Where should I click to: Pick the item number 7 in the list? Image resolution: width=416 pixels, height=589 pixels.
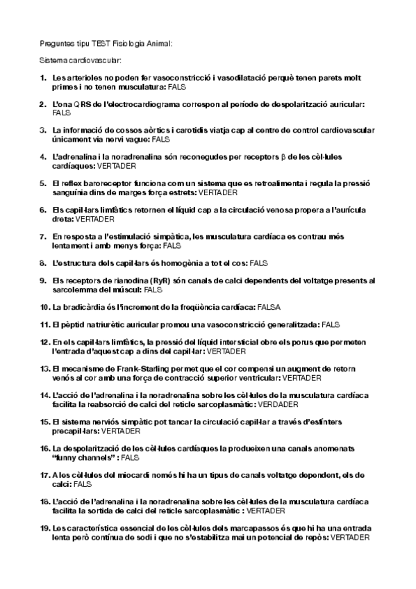coord(43,236)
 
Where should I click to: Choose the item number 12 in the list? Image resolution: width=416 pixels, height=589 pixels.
coord(44,342)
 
